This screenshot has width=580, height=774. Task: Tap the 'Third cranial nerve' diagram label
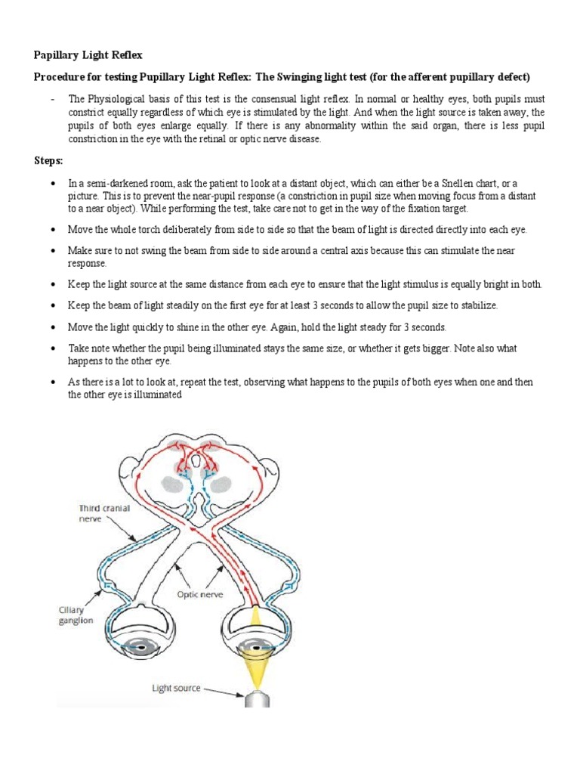pyautogui.click(x=103, y=514)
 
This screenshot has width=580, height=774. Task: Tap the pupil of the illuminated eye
pyautogui.click(x=257, y=648)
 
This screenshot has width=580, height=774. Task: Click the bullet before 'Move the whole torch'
pyautogui.click(x=51, y=228)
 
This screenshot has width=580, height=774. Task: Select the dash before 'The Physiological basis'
pyautogui.click(x=51, y=99)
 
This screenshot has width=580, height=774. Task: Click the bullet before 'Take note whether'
pyautogui.click(x=51, y=349)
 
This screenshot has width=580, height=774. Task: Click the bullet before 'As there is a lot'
pyautogui.click(x=51, y=382)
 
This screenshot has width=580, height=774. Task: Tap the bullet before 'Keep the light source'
pyautogui.click(x=51, y=283)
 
